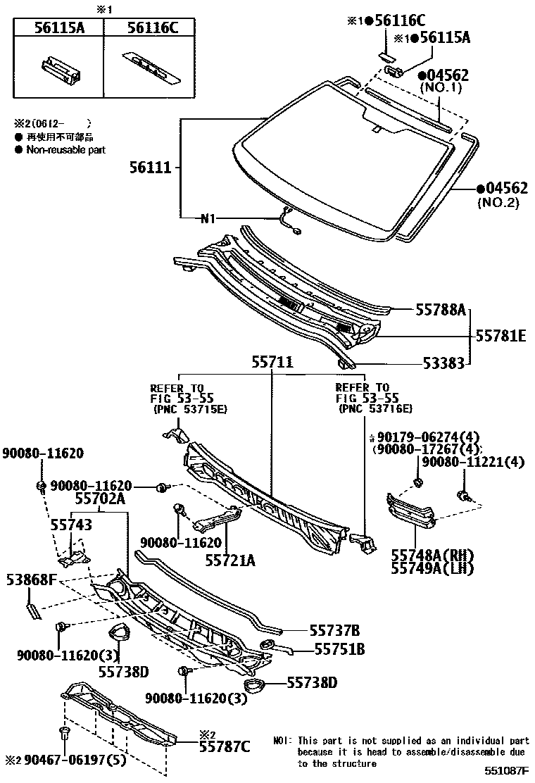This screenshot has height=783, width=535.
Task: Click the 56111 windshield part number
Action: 151,168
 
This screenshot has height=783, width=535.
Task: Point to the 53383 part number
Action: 443,364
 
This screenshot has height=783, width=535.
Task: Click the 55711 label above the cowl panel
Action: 272,364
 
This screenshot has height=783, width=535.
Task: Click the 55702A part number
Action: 100,499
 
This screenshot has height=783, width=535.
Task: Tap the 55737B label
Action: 335,630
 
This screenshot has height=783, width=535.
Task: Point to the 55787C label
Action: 224,746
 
